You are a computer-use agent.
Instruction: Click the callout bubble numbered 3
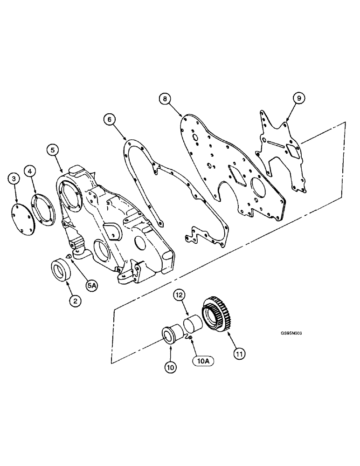pos(14,178)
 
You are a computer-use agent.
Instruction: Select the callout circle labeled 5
pos(53,150)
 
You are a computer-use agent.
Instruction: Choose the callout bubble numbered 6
pos(110,120)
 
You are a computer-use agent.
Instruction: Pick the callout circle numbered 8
pos(164,99)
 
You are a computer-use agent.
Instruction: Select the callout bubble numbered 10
pos(170,367)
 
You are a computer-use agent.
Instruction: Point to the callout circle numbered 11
pos(239,354)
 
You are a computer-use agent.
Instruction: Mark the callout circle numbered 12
pos(180,295)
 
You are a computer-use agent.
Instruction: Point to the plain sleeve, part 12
pos(192,323)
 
